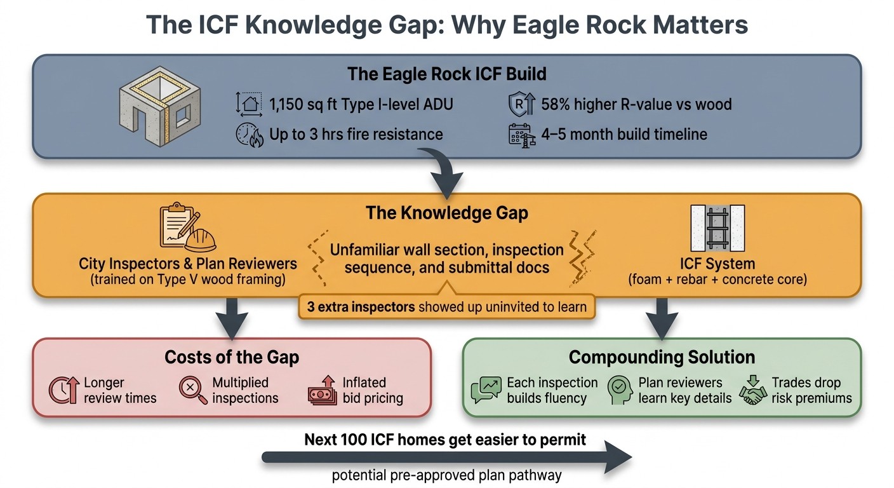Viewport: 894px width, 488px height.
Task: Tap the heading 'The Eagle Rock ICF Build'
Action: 446,74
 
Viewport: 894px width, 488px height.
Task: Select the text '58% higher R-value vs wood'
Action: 636,104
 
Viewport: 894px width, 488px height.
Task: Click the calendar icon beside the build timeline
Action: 521,135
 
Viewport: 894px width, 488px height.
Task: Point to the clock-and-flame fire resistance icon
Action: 249,135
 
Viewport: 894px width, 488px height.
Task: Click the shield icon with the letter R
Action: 521,104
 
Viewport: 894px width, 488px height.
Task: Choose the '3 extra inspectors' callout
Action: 446,307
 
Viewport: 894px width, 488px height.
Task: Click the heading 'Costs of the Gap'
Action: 231,357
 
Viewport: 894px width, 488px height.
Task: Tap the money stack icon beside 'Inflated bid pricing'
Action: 323,391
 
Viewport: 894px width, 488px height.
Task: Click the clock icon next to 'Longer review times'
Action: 63,391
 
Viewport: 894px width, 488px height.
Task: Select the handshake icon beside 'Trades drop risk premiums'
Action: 753,391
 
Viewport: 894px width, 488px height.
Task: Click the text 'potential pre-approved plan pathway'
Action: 446,476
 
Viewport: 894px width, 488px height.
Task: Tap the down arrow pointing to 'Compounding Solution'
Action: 662,318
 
